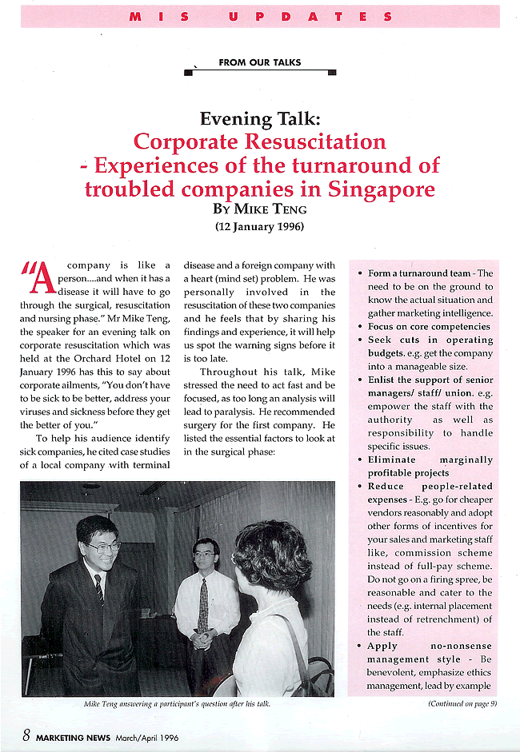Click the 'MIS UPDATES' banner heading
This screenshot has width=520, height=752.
[x=259, y=16]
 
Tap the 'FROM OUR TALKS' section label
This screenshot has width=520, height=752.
[x=260, y=62]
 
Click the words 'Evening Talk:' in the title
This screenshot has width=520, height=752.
[x=260, y=119]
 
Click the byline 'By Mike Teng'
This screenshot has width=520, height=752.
[x=260, y=209]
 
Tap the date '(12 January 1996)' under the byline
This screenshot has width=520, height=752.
[x=260, y=226]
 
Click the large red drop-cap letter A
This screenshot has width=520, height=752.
[x=40, y=279]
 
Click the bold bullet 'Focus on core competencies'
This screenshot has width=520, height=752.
[x=429, y=326]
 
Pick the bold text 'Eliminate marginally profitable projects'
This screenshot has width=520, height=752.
[x=430, y=467]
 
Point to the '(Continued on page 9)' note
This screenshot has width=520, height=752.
[x=462, y=703]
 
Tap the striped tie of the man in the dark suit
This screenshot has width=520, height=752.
[x=98, y=589]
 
